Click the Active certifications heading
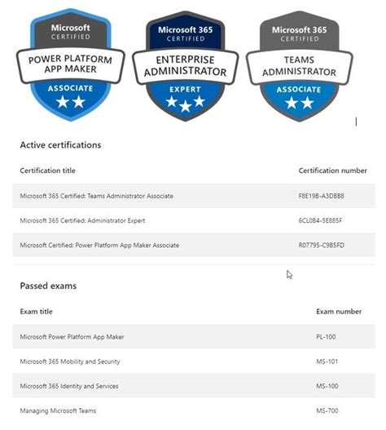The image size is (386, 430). click(60, 145)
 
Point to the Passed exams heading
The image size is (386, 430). click(47, 286)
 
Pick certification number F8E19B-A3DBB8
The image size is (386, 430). click(322, 196)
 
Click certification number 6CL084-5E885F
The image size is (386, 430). click(322, 220)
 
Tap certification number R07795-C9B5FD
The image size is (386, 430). click(322, 245)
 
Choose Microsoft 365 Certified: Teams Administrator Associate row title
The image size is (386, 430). click(96, 196)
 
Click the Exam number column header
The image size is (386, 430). click(339, 312)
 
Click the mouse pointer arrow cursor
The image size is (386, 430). click(289, 274)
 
